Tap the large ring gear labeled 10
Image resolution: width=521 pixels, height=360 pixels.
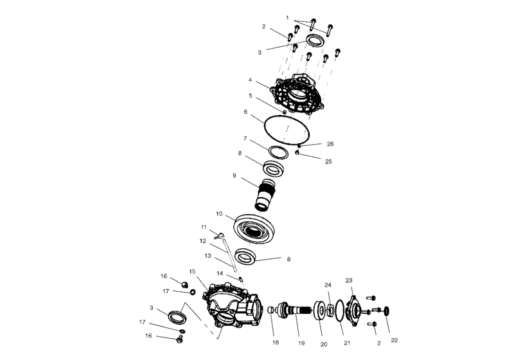[x=254, y=229]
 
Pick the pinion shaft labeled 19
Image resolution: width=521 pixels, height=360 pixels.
[x=294, y=310]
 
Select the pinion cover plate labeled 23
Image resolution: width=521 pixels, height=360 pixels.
[x=353, y=310]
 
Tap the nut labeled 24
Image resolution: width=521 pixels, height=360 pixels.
[x=330, y=310]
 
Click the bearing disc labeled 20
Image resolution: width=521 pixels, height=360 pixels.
[x=321, y=310]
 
